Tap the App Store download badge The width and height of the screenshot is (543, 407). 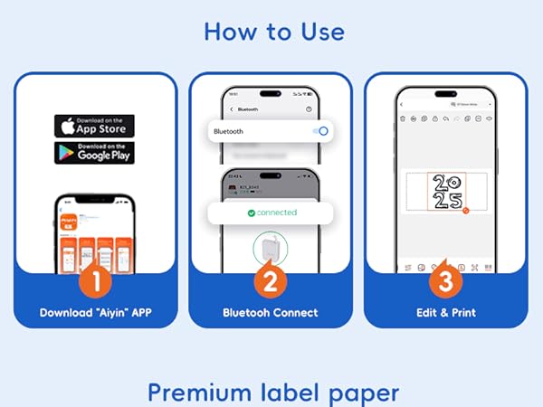click(x=94, y=126)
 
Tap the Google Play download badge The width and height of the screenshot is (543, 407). click(x=94, y=153)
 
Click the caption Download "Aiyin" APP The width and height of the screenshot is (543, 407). click(x=94, y=313)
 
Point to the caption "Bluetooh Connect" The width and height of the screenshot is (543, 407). click(x=271, y=313)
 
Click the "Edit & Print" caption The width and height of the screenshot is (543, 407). click(x=445, y=313)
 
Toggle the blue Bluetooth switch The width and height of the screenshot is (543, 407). click(x=319, y=131)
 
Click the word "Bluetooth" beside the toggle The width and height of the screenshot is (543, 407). click(x=228, y=132)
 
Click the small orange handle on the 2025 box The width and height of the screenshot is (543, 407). click(x=465, y=211)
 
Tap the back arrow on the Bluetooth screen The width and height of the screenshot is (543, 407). click(x=233, y=109)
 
